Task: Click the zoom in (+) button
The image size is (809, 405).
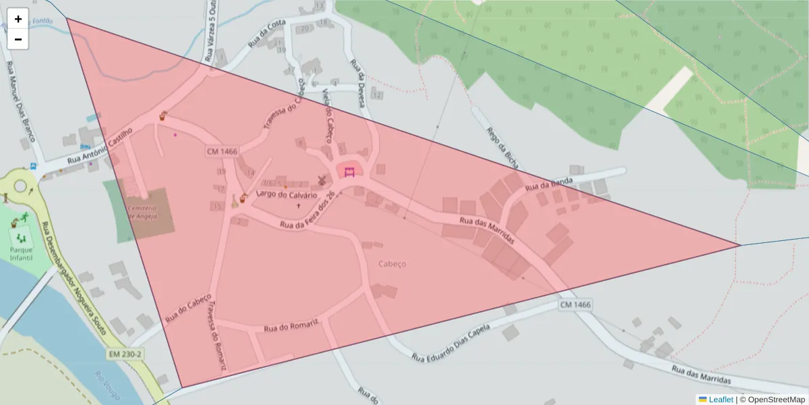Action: [18, 19]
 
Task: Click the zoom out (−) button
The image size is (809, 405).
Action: [18, 39]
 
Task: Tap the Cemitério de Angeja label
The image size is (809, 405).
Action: [142, 213]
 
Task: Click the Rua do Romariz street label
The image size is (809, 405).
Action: [291, 327]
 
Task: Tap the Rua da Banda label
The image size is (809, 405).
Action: [549, 184]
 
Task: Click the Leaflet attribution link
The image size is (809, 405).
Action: [720, 400]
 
